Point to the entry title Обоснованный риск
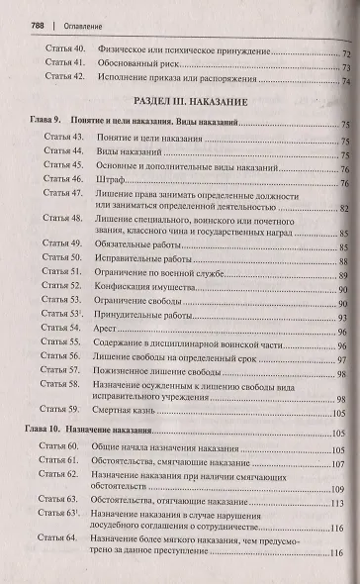click(135, 64)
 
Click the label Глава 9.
click(37, 121)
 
